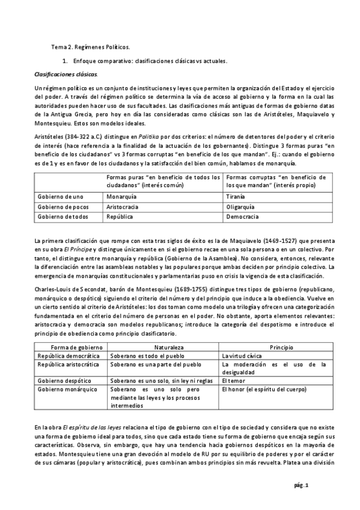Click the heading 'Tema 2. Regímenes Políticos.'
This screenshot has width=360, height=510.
tap(90, 47)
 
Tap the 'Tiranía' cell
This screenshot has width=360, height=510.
tap(234, 197)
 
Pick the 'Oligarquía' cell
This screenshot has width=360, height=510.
tap(239, 206)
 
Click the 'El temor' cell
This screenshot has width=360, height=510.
tap(233, 381)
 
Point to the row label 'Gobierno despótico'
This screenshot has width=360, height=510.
tap(66, 381)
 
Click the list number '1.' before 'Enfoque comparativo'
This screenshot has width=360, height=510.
tap(64, 61)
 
